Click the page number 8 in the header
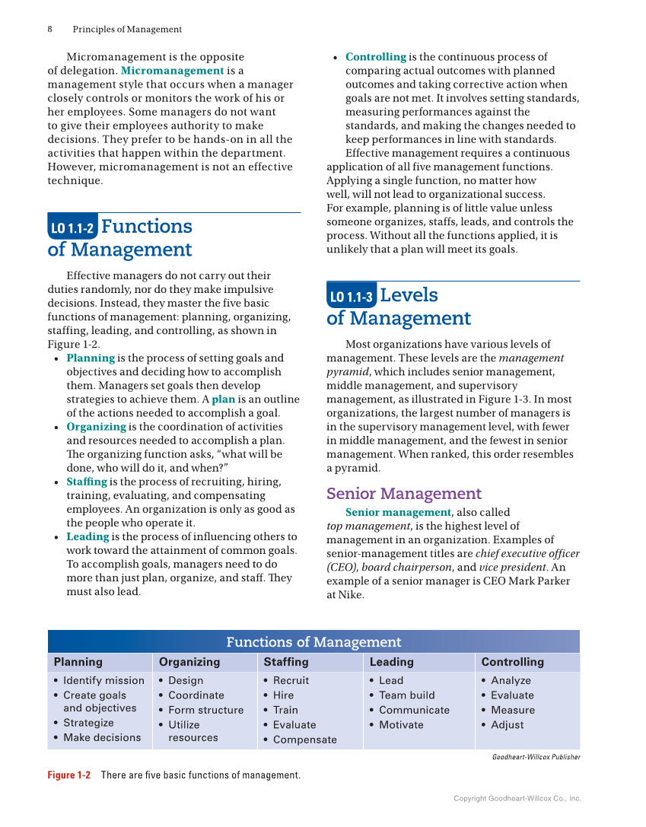[50, 30]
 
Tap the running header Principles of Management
[127, 30]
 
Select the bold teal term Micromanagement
[172, 71]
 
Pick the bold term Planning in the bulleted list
[91, 358]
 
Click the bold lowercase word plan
[223, 399]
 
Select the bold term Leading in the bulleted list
[88, 537]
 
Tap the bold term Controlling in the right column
[375, 57]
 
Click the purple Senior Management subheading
[404, 494]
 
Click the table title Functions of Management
[313, 642]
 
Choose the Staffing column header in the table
[286, 662]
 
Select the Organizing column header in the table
[189, 662]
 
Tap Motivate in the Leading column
[401, 725]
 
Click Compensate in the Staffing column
[304, 740]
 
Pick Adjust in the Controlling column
[507, 725]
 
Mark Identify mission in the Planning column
[103, 681]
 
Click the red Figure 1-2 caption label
[68, 775]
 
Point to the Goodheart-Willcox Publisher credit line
[536, 757]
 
